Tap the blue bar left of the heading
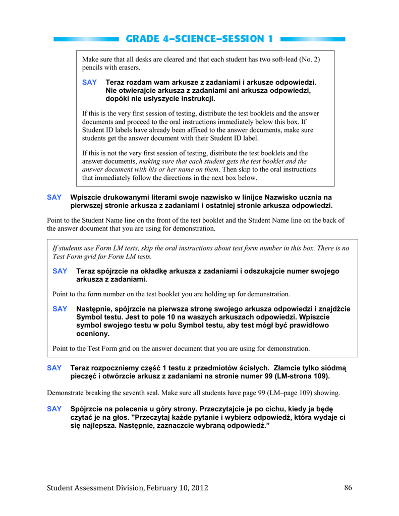point(86,39)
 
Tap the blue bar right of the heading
point(313,39)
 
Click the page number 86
point(348,487)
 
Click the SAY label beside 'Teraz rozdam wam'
point(89,82)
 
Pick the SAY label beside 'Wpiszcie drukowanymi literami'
point(54,198)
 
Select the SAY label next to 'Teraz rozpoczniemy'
point(54,368)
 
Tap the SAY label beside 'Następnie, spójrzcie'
point(60,309)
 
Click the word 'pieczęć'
point(83,376)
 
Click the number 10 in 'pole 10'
point(190,317)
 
